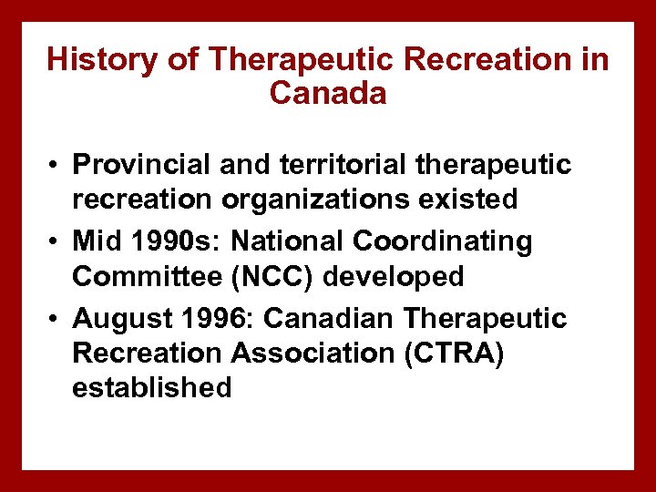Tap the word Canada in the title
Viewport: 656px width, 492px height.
tap(328, 93)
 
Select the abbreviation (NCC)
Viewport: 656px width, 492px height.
tap(258, 276)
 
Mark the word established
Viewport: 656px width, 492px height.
tap(151, 387)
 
